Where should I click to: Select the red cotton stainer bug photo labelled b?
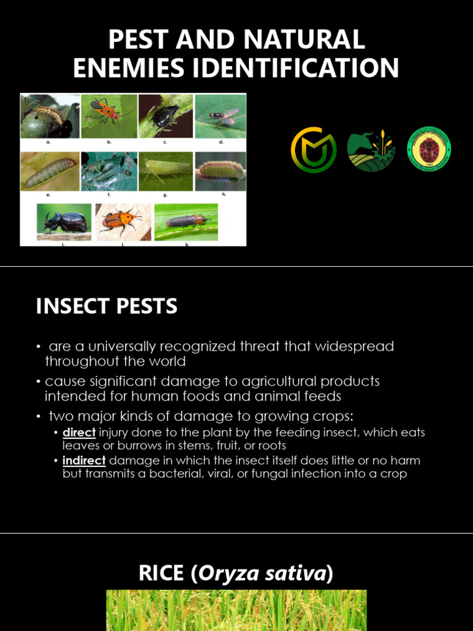[x=108, y=115]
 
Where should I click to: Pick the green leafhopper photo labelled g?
[x=165, y=171]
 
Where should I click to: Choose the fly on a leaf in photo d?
[x=220, y=116]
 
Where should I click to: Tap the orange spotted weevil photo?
[x=122, y=221]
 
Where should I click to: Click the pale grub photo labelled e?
[x=50, y=171]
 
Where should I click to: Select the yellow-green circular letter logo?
[x=313, y=150]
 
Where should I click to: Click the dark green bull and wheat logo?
[x=371, y=150]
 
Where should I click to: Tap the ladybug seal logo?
[x=429, y=150]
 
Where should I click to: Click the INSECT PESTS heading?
[x=107, y=306]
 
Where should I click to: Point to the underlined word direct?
[x=79, y=433]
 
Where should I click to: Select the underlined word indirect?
[x=84, y=461]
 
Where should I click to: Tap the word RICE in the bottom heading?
[x=161, y=573]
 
